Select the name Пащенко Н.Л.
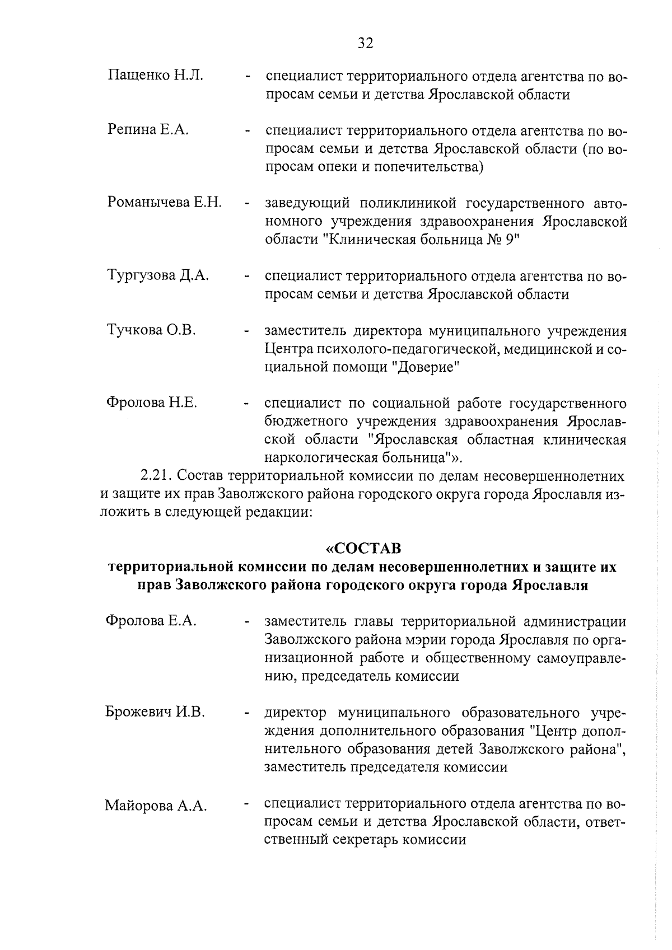coord(155,75)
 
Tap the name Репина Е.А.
coord(148,130)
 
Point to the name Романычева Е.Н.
coord(165,202)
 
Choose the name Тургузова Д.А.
coord(158,275)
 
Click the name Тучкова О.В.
coord(151,330)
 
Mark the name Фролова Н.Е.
coord(151,402)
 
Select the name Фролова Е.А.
coord(151,620)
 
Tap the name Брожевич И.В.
coord(155,712)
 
